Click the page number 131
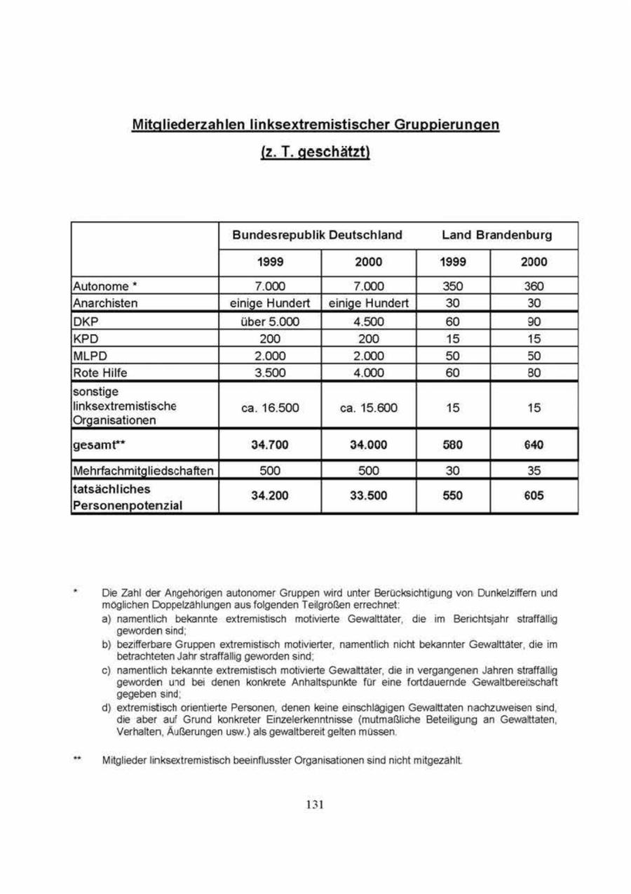[x=315, y=804]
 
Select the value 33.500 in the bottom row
[x=368, y=495]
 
